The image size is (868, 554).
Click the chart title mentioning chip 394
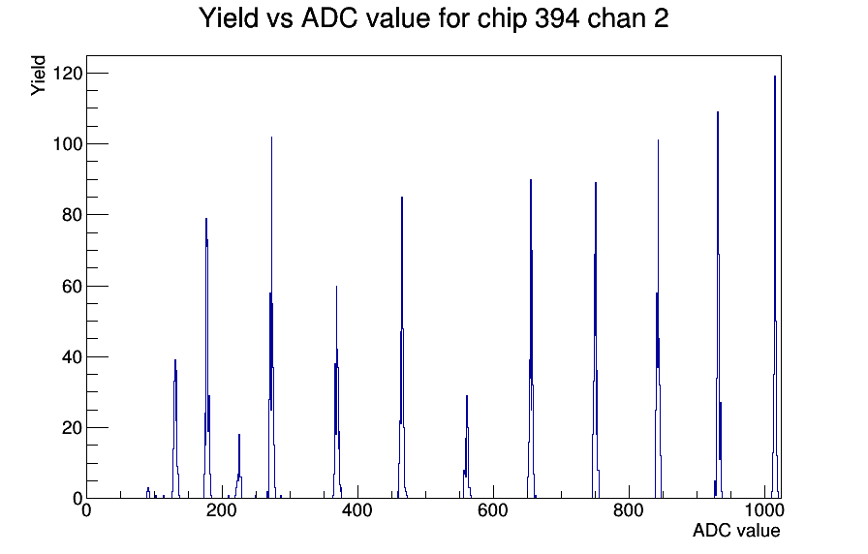(x=433, y=18)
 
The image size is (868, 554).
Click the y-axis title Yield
(x=38, y=76)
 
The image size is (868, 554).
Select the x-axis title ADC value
(x=736, y=530)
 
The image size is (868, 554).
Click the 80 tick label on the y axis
(x=72, y=215)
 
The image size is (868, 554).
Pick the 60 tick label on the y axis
(x=72, y=286)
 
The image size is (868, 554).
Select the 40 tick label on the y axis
(x=72, y=357)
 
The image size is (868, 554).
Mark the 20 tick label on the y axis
(x=72, y=428)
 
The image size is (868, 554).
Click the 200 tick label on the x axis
(x=222, y=509)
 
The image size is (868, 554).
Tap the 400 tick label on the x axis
(x=357, y=509)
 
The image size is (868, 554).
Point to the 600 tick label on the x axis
(x=493, y=509)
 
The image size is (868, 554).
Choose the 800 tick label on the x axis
(x=629, y=509)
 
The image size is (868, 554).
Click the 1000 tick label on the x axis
(x=764, y=509)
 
